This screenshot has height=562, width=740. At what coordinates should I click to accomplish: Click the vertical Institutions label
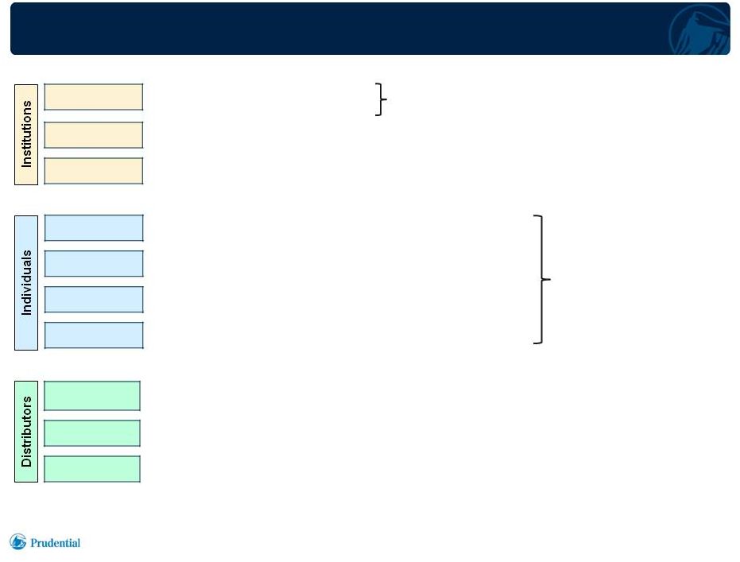coord(26,134)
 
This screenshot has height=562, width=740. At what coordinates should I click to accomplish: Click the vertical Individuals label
coord(26,283)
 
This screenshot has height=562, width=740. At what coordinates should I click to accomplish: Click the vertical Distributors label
coord(26,432)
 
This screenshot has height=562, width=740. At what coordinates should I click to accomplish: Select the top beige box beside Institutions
coord(94,97)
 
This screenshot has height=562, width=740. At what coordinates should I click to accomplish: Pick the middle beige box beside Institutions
coord(94,135)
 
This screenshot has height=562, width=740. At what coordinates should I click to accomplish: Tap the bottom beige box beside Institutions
coord(94,171)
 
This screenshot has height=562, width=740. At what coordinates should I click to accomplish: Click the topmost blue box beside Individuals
coord(94,228)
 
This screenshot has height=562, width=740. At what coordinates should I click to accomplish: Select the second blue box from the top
coord(94,264)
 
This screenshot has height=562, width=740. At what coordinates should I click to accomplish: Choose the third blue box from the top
coord(94,300)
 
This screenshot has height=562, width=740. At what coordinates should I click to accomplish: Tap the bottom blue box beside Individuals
coord(94,335)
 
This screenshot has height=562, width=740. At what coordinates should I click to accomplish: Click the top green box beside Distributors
coord(92,396)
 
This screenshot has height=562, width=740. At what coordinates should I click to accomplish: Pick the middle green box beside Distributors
coord(92,433)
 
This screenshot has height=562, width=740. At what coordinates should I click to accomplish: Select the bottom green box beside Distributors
coord(92,469)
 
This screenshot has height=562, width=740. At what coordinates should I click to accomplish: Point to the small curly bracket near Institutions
coord(382,99)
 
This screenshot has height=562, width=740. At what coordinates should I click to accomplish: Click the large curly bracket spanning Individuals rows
coord(542,279)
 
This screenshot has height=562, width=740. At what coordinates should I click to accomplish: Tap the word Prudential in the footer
coord(55,543)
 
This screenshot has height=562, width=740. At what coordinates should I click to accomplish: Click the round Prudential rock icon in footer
coord(18,541)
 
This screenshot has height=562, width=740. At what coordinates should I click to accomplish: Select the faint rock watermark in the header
coord(699,29)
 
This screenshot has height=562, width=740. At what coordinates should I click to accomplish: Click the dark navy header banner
coord(370,29)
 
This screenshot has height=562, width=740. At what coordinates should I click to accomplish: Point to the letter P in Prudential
coord(34,543)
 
